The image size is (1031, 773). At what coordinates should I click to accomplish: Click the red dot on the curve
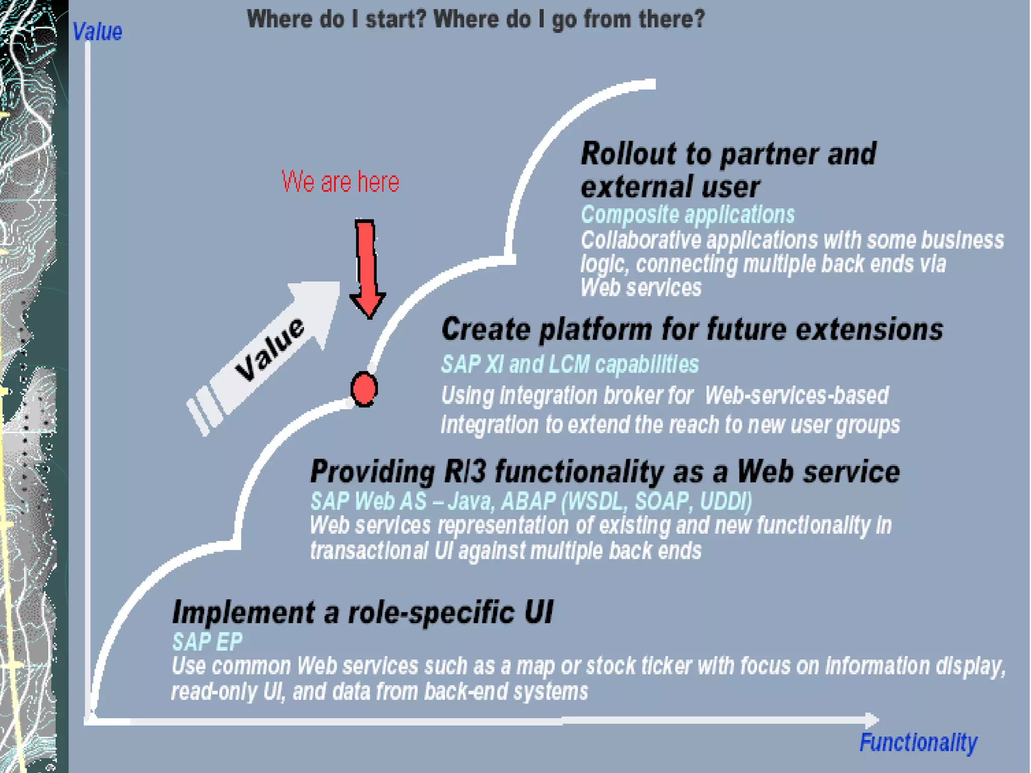point(363,389)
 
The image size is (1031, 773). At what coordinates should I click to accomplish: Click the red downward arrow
point(367,267)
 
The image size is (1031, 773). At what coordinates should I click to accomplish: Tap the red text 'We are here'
point(340,182)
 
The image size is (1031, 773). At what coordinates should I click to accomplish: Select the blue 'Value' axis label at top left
point(97,32)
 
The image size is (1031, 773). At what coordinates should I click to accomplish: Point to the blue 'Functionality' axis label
point(918,742)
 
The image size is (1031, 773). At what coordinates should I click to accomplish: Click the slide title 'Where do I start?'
point(476,19)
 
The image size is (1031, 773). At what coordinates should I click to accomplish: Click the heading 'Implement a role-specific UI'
point(362,612)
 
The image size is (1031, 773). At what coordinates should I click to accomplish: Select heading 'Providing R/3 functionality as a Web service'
point(605,472)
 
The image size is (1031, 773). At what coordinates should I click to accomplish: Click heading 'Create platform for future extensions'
point(692,330)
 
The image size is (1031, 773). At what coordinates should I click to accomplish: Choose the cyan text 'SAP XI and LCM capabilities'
point(570,364)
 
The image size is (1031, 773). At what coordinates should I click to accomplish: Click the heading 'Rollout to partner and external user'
point(728,170)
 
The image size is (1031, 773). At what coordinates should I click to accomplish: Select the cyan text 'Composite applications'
point(688,214)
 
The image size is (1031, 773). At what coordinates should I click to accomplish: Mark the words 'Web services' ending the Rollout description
point(640,288)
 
